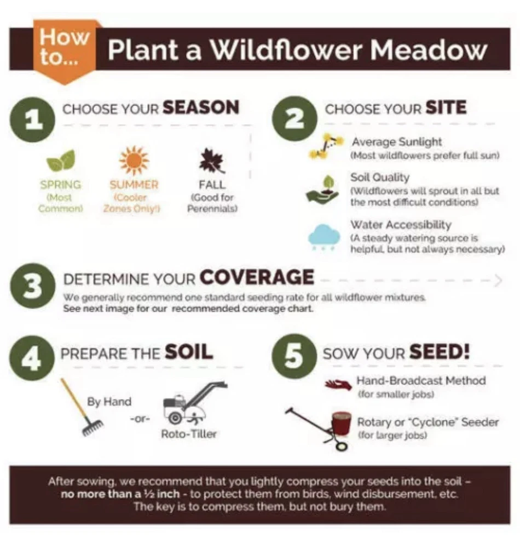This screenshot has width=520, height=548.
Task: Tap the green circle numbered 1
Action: coord(32,120)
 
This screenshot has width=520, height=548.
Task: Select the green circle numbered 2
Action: coord(294,119)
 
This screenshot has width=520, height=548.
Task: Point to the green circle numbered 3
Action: coord(33,286)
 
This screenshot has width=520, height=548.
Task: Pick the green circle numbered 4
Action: coord(32,358)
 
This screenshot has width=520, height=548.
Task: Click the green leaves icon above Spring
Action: coord(61,161)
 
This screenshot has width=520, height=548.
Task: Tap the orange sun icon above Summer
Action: coord(134,161)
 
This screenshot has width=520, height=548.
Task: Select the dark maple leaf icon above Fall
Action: coord(212,161)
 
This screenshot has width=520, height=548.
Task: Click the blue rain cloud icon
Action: coord(324,237)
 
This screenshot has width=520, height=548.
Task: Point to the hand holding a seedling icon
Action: coord(322,190)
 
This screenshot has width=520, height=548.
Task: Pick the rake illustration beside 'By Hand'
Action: coord(82,407)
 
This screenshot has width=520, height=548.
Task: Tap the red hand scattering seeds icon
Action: coord(338,385)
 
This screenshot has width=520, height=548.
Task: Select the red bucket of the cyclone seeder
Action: coord(342,424)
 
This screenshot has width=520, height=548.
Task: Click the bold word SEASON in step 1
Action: coord(201,107)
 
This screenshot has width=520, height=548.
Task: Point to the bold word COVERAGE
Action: coord(257,277)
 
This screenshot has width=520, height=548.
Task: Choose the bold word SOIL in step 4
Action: coord(189,352)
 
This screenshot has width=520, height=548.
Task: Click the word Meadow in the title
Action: coord(428,50)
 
